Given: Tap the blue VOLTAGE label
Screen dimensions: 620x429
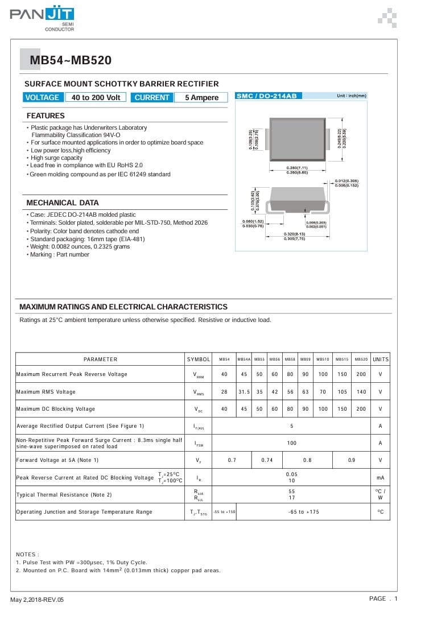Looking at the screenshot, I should (42, 97).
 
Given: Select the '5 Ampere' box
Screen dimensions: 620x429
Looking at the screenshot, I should (201, 97).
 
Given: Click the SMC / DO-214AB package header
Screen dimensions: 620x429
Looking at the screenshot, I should (266, 96).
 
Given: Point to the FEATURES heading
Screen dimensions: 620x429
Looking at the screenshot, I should (46, 116).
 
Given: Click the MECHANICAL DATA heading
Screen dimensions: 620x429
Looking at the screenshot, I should (63, 202).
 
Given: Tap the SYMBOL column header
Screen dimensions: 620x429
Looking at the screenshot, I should (199, 359).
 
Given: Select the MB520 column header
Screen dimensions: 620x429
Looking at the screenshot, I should (361, 359).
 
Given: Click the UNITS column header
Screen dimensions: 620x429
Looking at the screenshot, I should (380, 359).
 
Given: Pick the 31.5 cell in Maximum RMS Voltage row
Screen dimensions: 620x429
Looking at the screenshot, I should (244, 392).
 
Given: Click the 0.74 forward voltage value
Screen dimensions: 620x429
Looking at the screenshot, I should (267, 460).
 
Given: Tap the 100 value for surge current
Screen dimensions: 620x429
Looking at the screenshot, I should (291, 443).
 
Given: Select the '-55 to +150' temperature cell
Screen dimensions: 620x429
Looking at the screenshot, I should (224, 512).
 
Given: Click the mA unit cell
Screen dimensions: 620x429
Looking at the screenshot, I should (380, 478).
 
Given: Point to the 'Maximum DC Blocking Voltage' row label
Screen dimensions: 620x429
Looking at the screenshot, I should (56, 409).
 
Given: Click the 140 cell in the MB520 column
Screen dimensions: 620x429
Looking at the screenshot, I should (361, 392).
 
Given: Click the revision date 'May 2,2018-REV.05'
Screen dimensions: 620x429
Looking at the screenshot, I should (37, 600).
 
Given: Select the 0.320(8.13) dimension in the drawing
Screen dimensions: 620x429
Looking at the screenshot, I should (294, 234).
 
